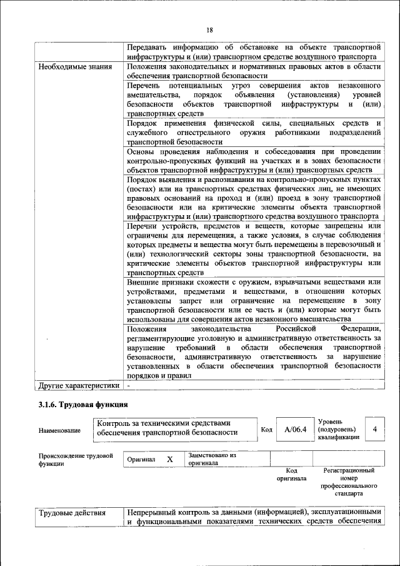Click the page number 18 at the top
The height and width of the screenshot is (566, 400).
coord(210,30)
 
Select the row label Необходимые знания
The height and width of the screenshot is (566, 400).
coord(76,66)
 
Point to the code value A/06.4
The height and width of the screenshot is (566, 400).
coord(295,430)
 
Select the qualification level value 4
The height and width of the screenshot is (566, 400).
coord(374,430)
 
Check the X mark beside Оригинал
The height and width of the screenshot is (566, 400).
coord(169,459)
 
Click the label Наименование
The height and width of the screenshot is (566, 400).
coord(59,430)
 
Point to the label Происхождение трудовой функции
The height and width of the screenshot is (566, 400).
coord(75,459)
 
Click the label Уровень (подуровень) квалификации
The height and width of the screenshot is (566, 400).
coord(338,430)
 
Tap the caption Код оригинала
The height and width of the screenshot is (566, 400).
coord(291,474)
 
